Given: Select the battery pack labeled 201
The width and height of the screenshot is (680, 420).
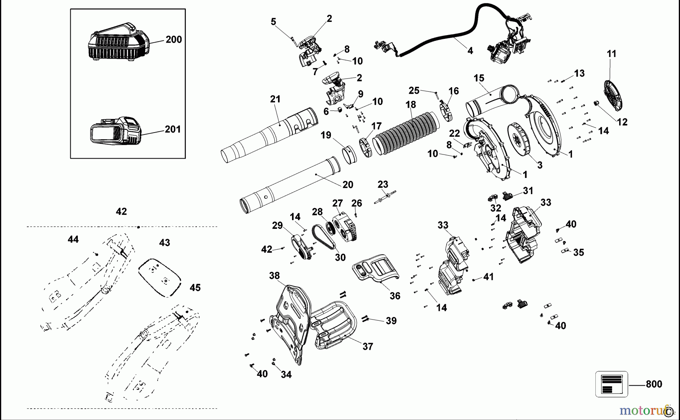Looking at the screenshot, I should click(115, 131).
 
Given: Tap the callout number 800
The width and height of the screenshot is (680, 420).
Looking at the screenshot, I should click(654, 384).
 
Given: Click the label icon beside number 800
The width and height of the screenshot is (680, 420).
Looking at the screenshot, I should click(611, 384).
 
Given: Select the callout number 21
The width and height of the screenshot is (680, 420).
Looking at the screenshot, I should click(275, 99).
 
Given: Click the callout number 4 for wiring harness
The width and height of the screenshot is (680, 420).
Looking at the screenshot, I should click(470, 51).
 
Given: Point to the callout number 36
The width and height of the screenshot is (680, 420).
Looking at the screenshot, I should click(395, 296).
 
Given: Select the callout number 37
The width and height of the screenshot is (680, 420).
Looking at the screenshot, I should click(368, 346).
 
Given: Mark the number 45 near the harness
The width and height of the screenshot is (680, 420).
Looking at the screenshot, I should click(195, 288).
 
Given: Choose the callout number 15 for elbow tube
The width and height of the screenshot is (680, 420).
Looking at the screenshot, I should click(479, 78).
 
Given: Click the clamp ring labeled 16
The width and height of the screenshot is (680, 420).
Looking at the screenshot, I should click(447, 111).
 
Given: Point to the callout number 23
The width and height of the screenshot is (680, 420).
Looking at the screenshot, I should click(383, 184).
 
